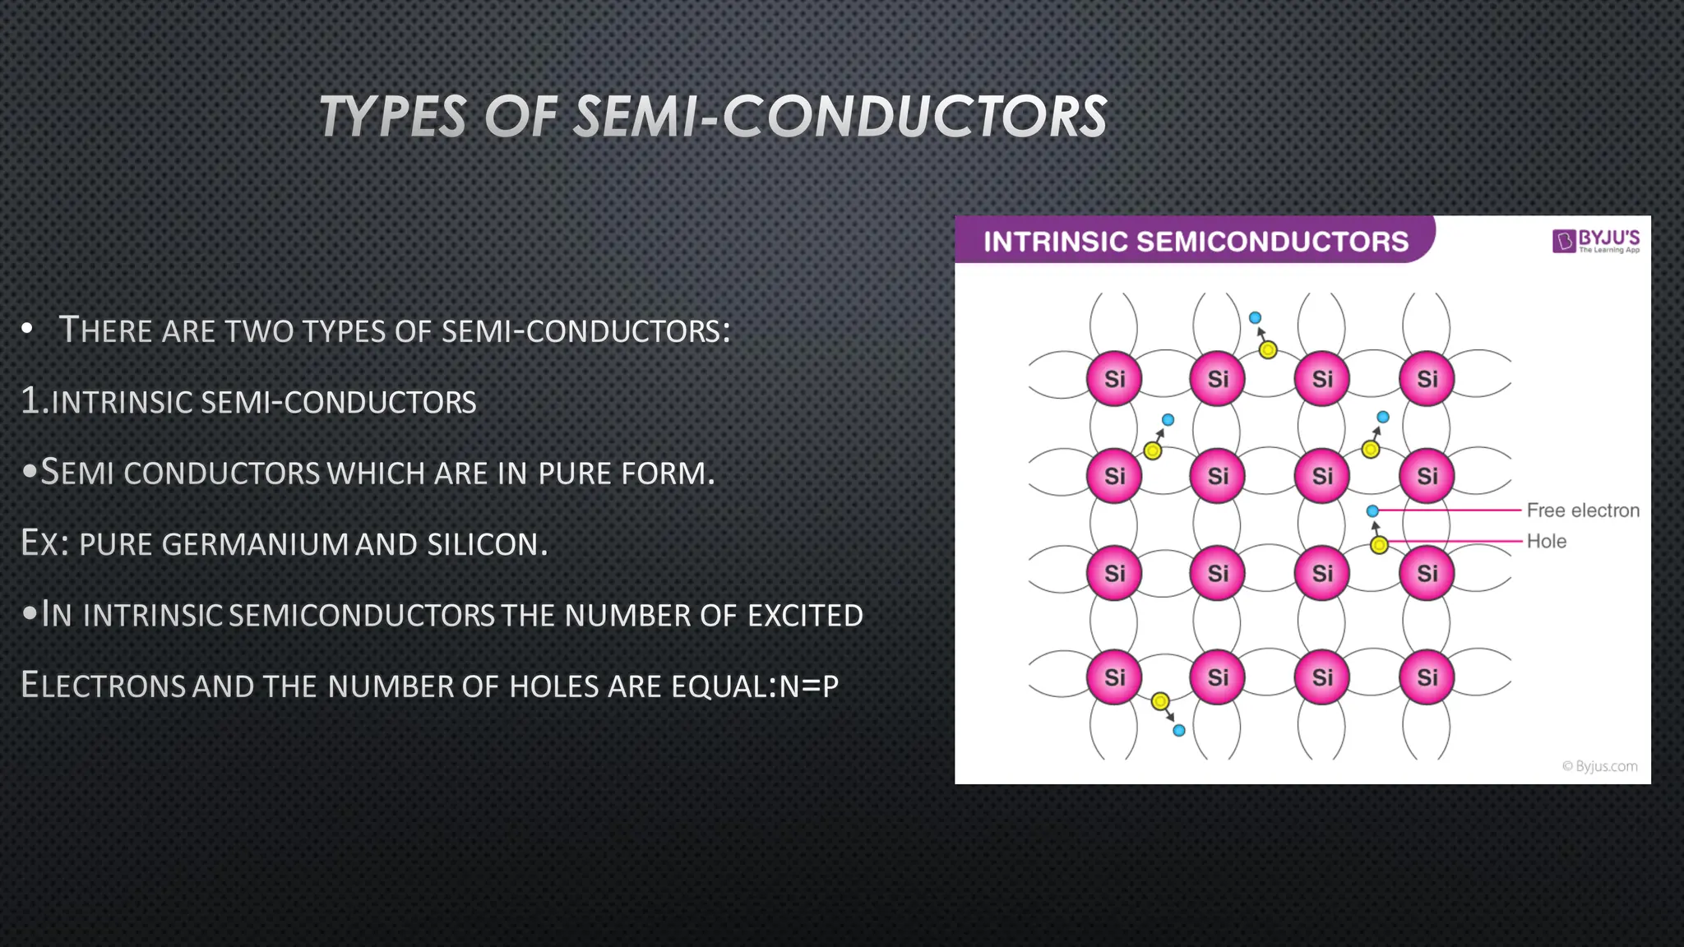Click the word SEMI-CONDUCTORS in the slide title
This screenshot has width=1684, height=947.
click(x=840, y=116)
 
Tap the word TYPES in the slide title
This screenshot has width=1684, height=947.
click(x=392, y=116)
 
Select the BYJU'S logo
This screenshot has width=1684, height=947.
click(x=1596, y=241)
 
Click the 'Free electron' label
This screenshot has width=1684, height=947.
click(x=1583, y=510)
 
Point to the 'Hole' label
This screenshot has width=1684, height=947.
click(x=1546, y=542)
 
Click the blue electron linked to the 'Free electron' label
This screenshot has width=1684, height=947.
click(x=1372, y=511)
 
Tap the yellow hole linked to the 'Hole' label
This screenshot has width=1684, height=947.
click(x=1380, y=545)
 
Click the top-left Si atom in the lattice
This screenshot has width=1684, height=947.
click(x=1114, y=379)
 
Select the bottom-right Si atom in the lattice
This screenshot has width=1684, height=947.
click(x=1427, y=677)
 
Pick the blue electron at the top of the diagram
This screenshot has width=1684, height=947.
click(x=1255, y=318)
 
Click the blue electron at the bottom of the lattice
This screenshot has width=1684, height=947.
click(x=1179, y=731)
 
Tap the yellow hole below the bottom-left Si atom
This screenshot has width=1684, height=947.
click(x=1160, y=701)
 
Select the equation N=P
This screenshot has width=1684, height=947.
click(x=808, y=686)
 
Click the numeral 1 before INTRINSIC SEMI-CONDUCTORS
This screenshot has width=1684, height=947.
click(x=30, y=401)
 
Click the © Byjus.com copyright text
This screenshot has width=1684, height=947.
click(x=1599, y=766)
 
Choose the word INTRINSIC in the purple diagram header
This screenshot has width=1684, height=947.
click(x=1055, y=242)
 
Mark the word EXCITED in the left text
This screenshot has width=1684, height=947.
click(x=805, y=616)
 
